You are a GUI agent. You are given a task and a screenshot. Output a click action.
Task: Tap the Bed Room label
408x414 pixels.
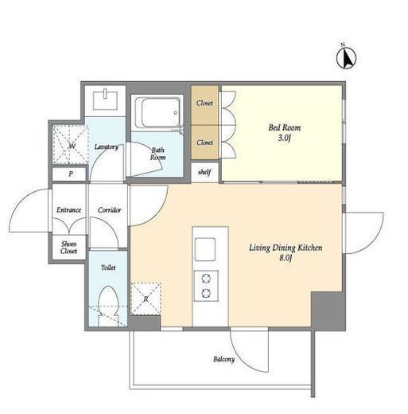[285, 127]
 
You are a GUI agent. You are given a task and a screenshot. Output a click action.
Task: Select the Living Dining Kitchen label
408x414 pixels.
[286, 248]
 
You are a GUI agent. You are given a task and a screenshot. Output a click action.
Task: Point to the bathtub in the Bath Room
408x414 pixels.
[157, 112]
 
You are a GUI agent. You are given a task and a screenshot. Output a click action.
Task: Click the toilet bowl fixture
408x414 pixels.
[108, 305]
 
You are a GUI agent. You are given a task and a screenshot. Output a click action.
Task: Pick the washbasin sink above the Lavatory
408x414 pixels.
[105, 100]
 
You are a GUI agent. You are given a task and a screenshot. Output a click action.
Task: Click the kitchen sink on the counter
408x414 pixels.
[205, 249]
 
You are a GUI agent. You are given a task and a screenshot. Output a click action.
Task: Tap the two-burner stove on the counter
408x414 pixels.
[206, 286]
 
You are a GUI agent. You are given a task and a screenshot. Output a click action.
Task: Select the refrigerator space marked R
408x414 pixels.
[146, 299]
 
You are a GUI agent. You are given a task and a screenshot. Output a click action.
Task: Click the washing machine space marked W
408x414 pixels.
[71, 145]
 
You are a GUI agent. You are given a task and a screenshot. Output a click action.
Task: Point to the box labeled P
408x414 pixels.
[69, 174]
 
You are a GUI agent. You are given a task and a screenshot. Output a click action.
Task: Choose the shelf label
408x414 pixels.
[204, 172]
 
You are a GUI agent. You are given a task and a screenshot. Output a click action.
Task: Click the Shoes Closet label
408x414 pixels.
[69, 248]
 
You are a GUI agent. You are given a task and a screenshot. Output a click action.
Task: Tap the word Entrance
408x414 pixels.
[69, 210]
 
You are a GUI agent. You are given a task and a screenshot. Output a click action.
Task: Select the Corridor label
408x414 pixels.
[109, 210]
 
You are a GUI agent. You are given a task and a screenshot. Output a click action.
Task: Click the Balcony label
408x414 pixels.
[224, 359]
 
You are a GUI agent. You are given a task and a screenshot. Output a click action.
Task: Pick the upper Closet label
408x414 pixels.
[204, 103]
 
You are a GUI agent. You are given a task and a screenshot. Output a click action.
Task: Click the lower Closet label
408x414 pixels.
[204, 143]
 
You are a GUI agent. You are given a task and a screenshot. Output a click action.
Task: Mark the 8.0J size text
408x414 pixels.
[286, 258]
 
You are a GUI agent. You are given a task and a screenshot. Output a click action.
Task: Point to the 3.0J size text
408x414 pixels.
[285, 138]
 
